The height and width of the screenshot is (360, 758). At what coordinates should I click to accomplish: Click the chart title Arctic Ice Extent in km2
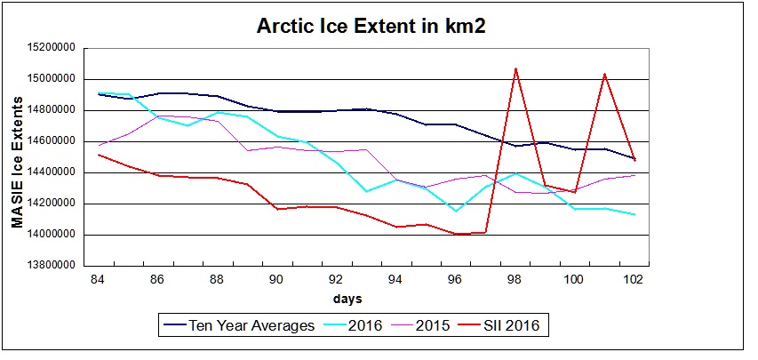pyautogui.click(x=371, y=26)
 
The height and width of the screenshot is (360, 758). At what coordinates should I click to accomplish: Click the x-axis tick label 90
pyautogui.click(x=276, y=279)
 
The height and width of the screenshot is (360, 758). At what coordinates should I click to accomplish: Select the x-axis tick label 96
pyautogui.click(x=455, y=279)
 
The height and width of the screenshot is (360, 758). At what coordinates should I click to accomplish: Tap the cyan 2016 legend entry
pyautogui.click(x=363, y=325)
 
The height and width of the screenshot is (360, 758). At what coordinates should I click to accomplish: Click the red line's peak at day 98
pyautogui.click(x=515, y=68)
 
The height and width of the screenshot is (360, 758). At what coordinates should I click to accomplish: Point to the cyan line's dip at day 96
pyautogui.click(x=456, y=211)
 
